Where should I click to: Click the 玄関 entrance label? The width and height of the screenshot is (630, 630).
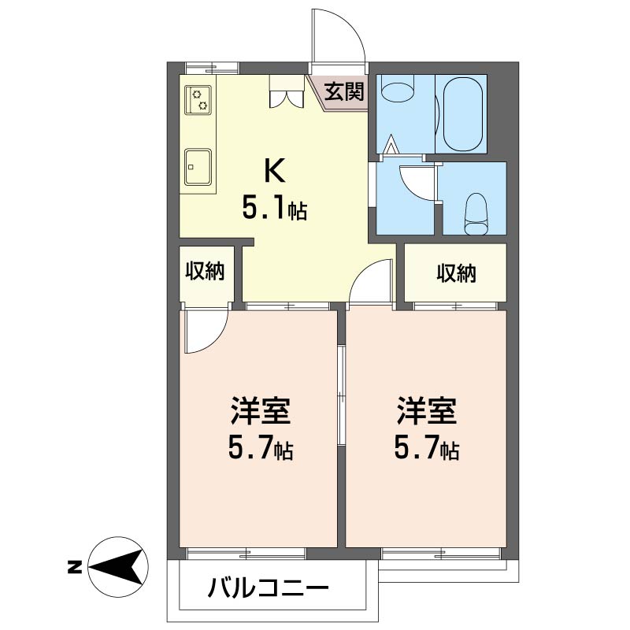344,91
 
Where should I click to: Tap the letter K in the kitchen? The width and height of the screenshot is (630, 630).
274,171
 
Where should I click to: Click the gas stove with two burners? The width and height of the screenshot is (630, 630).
198,100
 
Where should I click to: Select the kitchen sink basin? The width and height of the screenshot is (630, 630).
198,167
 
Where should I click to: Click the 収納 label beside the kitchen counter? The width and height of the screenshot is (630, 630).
205,272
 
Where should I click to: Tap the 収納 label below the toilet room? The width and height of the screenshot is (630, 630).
457,273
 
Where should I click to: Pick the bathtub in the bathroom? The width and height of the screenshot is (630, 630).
462,113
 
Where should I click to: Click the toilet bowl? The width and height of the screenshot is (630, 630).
476,213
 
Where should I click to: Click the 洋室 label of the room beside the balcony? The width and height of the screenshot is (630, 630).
261,411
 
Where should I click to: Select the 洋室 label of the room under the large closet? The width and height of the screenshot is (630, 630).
427,411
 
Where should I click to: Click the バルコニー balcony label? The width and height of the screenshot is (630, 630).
269,589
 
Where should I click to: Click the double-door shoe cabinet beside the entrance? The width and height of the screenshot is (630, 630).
287,91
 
